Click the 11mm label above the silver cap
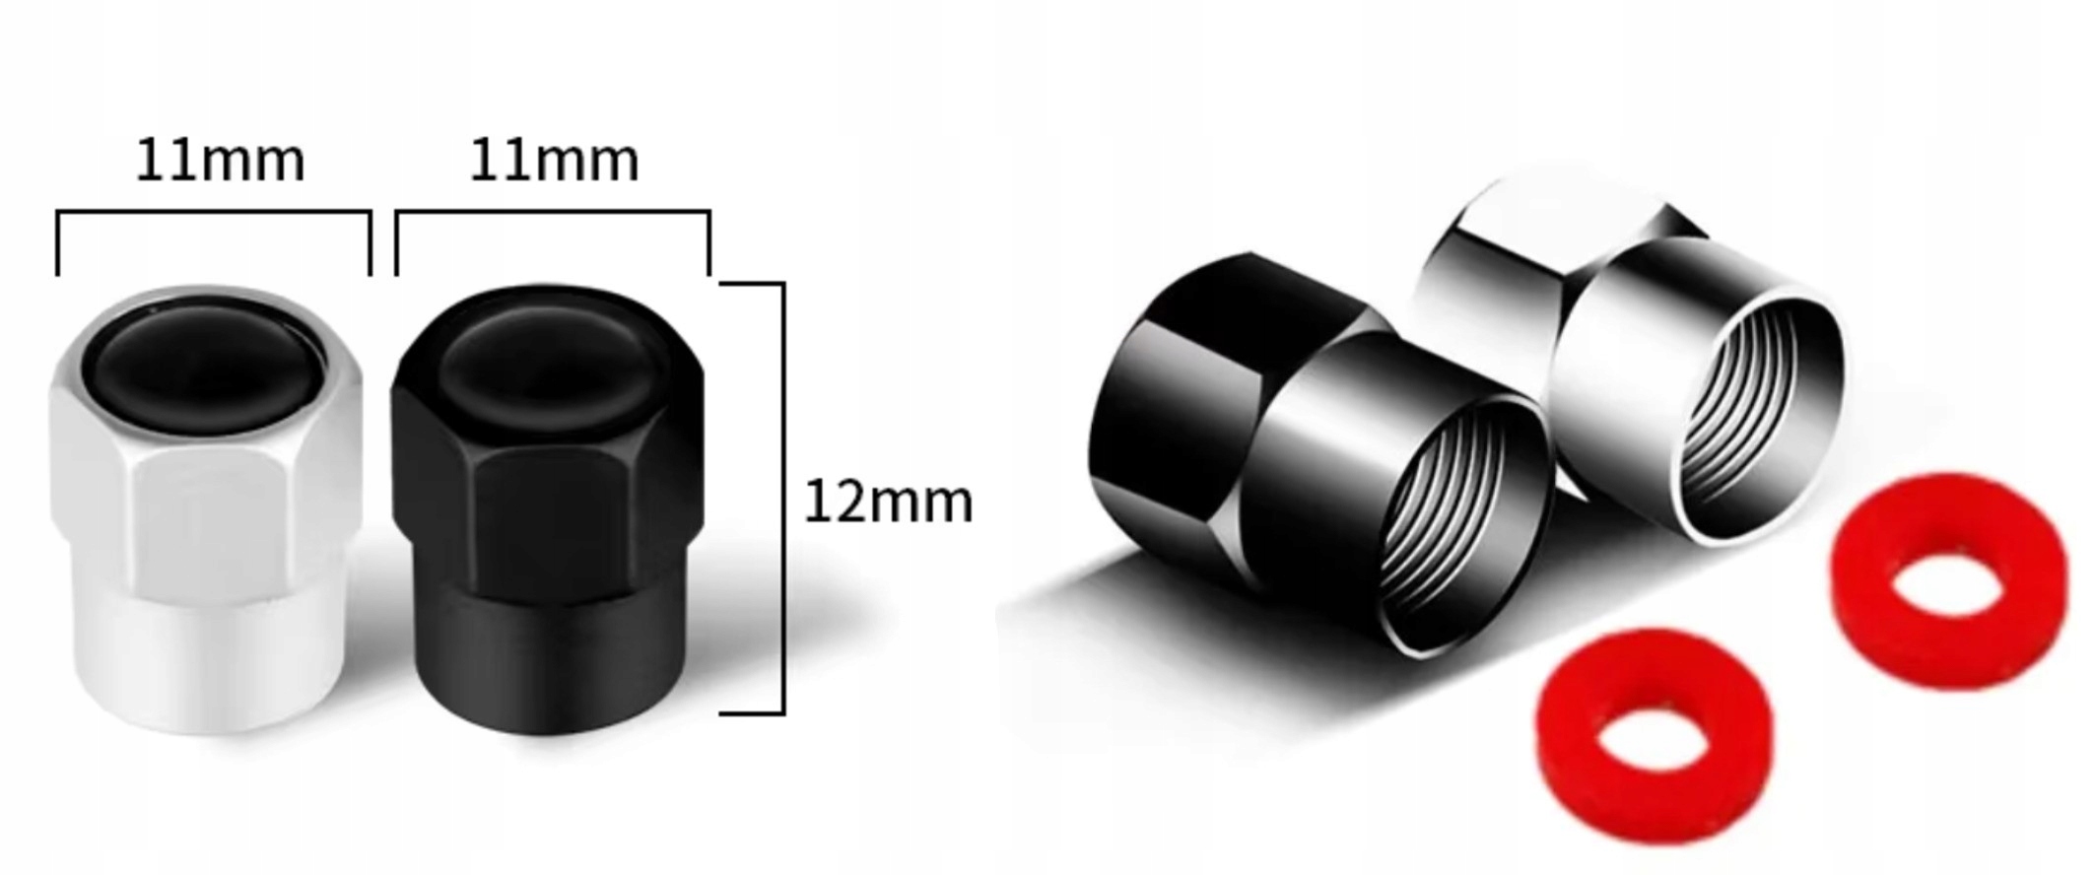[x=220, y=162]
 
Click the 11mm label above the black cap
[x=554, y=162]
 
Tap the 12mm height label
[x=889, y=502]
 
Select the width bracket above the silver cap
[x=214, y=212]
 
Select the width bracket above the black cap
[x=553, y=212]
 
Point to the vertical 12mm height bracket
[x=783, y=498]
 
